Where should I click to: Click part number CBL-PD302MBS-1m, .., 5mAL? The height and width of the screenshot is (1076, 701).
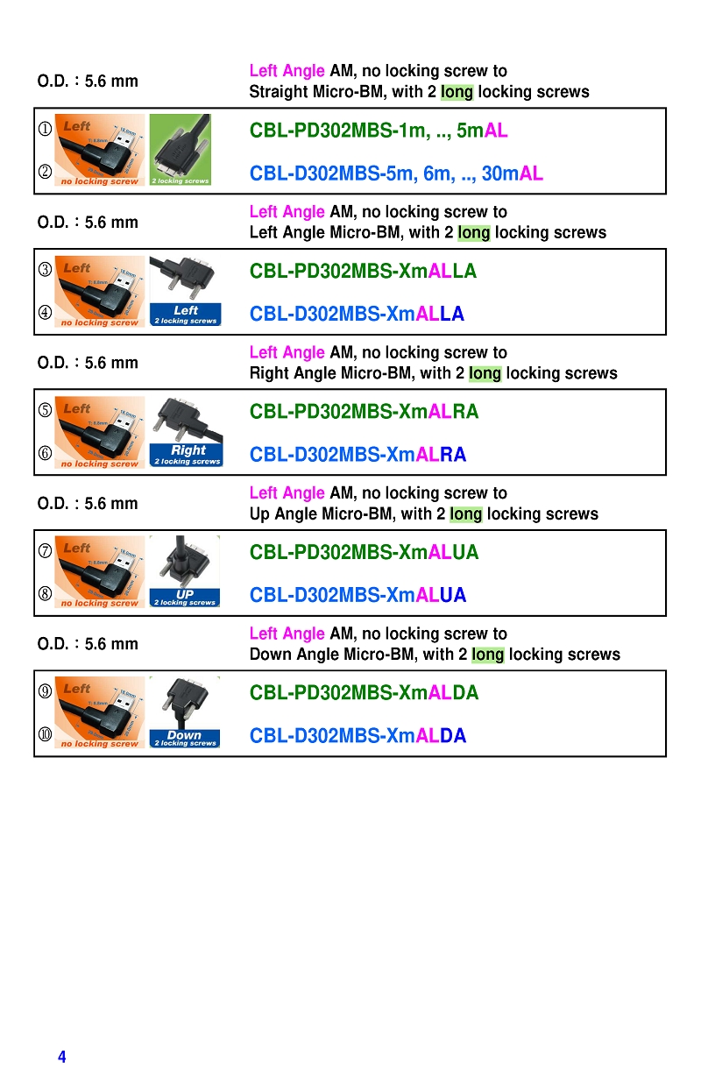tap(379, 131)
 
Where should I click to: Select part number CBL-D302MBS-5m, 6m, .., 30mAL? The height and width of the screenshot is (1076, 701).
tap(396, 173)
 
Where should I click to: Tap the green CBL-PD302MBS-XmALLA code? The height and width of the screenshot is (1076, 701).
tap(363, 272)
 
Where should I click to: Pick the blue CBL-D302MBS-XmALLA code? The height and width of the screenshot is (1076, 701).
tap(357, 314)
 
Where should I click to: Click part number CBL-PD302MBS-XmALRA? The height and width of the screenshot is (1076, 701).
tap(364, 412)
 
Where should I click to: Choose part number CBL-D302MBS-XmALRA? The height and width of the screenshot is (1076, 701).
tap(358, 455)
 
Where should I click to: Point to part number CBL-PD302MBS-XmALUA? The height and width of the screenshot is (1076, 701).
tap(364, 553)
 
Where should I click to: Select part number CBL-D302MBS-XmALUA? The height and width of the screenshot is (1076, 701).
tap(358, 596)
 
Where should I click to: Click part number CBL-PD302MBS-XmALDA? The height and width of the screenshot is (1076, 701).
tap(364, 693)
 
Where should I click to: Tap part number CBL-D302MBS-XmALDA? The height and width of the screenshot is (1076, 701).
tap(358, 736)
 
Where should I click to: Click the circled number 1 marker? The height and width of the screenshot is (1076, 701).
tap(45, 130)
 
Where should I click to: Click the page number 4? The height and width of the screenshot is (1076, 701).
tap(61, 1057)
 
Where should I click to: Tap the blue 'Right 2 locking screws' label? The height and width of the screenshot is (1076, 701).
tap(187, 455)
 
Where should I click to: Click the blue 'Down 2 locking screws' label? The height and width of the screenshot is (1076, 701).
tap(184, 739)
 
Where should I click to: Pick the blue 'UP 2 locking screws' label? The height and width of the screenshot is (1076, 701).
tap(184, 598)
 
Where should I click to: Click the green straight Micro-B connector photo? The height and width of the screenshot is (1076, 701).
tap(180, 149)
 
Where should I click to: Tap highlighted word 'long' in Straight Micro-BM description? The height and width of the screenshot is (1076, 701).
tap(457, 92)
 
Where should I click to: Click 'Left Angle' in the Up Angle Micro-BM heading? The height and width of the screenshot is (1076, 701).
tap(287, 493)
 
